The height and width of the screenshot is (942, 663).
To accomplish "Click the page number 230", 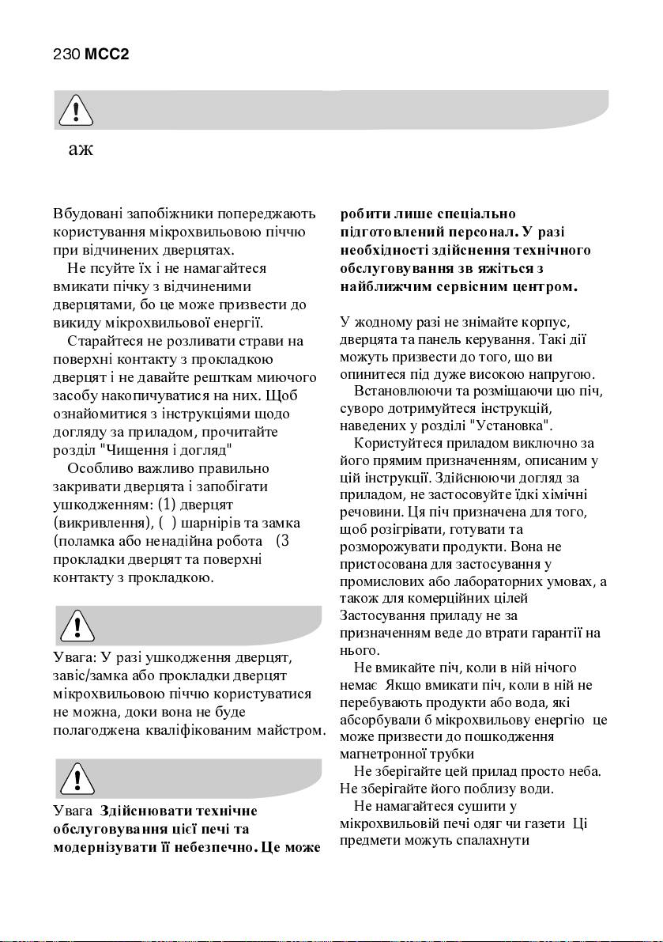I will [66, 55].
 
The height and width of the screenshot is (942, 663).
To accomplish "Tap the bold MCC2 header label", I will [107, 55].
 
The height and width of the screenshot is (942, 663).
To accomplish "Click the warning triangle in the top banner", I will [75, 112].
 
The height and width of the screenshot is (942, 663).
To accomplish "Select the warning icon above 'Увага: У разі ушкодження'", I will [77, 626].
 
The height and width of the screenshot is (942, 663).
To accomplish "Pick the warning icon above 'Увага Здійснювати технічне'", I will [77, 779].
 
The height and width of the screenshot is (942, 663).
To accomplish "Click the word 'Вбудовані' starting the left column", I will [88, 214].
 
